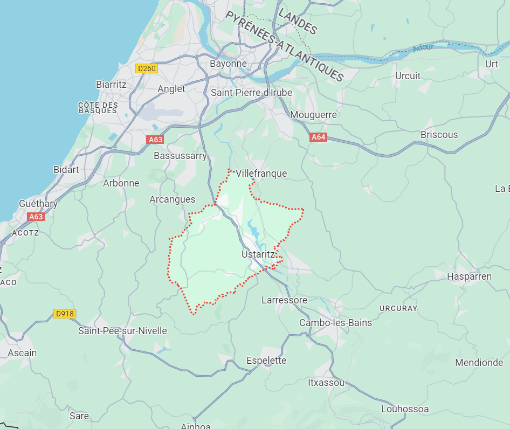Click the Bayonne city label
(x=228, y=64)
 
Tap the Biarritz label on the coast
(x=111, y=84)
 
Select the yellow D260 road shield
(x=146, y=68)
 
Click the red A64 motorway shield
(x=318, y=137)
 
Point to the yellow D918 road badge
(x=65, y=314)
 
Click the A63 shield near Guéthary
(x=36, y=217)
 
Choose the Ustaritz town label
(x=259, y=254)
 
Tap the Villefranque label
(x=261, y=173)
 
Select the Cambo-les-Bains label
(x=335, y=322)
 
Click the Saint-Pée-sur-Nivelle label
(x=122, y=330)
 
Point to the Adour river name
(x=423, y=48)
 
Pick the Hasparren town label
(x=469, y=276)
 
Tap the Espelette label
(x=266, y=360)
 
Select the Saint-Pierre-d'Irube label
(x=251, y=93)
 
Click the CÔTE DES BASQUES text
(x=98, y=107)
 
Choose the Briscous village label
(x=439, y=135)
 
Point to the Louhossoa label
(x=405, y=409)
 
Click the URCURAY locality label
(x=398, y=308)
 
